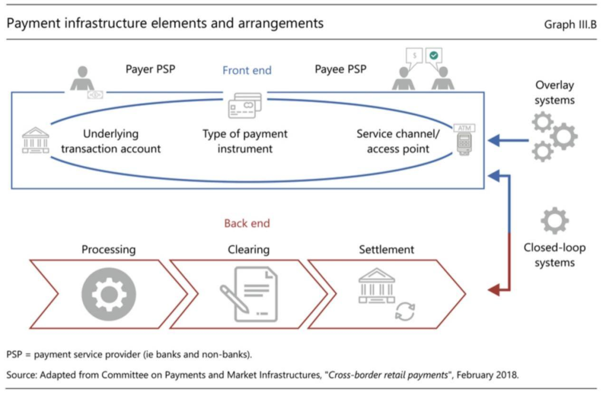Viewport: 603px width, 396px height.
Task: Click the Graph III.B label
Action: coord(570,25)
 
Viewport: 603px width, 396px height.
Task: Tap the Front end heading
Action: coord(247,70)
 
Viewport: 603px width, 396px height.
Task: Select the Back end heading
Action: coord(247,223)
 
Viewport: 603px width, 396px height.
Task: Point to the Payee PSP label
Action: coord(341,69)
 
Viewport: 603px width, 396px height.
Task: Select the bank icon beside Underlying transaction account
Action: coord(35,140)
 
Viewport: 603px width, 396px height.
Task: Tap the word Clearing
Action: coord(248,249)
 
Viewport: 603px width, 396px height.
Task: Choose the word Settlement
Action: coord(386,249)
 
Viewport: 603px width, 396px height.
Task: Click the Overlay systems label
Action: coord(554,93)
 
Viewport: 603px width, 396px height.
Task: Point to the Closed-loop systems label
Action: coord(554,255)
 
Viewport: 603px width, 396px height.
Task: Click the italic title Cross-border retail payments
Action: coord(390,375)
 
